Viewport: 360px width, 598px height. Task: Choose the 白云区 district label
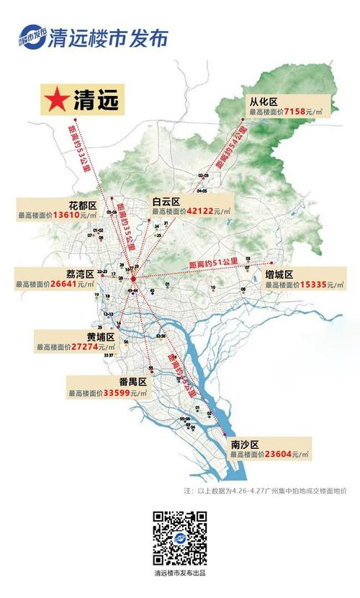click(x=166, y=200)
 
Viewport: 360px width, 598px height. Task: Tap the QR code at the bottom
click(x=179, y=538)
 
